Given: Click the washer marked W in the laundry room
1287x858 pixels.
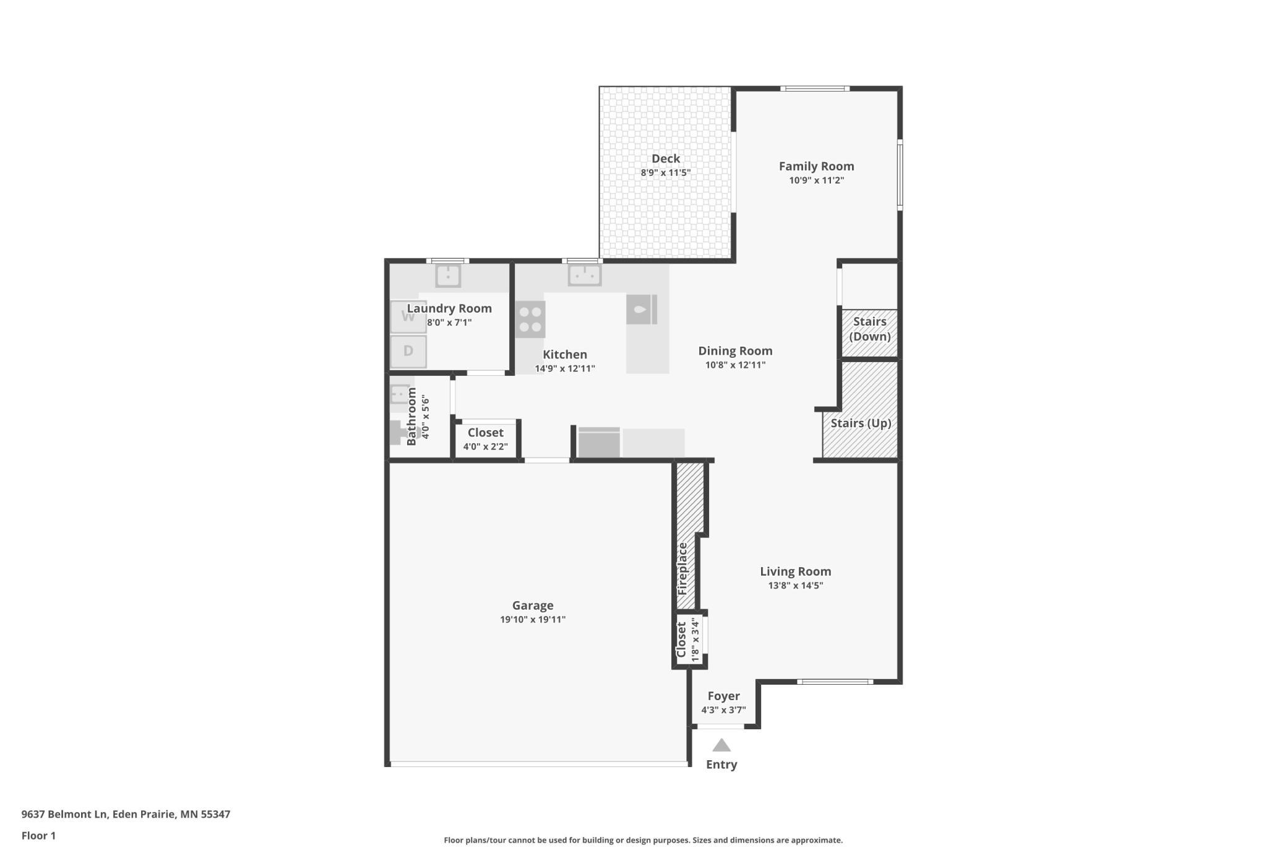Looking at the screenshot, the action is click(408, 317).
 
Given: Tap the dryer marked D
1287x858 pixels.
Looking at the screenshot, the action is click(408, 351).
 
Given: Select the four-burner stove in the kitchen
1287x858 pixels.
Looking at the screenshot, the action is click(530, 319).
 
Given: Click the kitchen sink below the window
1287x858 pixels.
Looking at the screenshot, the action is click(585, 275).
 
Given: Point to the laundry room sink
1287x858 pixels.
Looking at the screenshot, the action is click(448, 275).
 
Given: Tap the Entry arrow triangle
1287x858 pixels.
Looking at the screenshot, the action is click(721, 745).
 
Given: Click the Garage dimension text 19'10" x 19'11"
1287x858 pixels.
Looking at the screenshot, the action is click(533, 620).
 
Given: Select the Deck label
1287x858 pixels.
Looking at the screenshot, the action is click(666, 158).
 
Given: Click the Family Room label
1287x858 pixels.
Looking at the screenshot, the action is click(817, 166).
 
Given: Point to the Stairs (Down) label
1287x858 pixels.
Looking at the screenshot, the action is click(870, 329).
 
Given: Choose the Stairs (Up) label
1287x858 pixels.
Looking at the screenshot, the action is click(861, 423).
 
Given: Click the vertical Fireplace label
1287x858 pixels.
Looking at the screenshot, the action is click(682, 569).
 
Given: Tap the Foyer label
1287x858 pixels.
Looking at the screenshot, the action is click(724, 696).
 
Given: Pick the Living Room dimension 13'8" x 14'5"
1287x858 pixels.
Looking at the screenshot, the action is click(796, 586).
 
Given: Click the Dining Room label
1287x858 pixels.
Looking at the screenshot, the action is click(736, 351).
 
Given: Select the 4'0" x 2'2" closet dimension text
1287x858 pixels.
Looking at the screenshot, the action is click(486, 447).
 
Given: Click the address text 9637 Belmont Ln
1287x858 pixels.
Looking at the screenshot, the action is click(64, 815).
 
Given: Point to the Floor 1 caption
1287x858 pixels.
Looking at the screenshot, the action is click(38, 836).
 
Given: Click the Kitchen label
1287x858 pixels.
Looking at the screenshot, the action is click(565, 355).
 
